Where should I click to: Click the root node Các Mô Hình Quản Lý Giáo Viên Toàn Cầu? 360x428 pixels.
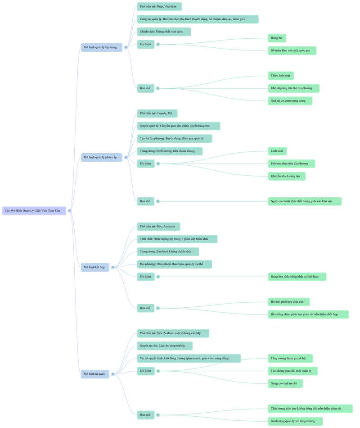34,210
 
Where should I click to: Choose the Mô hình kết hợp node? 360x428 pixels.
95,267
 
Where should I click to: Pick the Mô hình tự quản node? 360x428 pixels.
95,374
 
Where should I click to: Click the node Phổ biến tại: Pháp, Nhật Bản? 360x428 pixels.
159,7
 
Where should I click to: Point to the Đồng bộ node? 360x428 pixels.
277,38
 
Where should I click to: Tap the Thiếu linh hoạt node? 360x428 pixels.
281,76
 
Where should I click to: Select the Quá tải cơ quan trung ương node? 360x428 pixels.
290,101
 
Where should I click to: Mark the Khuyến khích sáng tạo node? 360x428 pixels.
287,176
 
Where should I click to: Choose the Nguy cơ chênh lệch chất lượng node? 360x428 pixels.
305,201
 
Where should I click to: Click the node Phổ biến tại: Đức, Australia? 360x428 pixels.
158,226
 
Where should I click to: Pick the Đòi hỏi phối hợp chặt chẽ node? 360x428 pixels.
289,302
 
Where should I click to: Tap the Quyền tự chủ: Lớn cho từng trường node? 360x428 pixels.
164,346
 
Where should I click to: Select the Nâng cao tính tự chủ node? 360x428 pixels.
285,383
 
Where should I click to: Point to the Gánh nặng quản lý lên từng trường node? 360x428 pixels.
295,421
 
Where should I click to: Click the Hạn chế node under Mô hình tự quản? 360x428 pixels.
146,414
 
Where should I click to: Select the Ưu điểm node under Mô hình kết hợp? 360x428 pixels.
146,277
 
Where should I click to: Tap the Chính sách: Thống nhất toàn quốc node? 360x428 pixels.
164,32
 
